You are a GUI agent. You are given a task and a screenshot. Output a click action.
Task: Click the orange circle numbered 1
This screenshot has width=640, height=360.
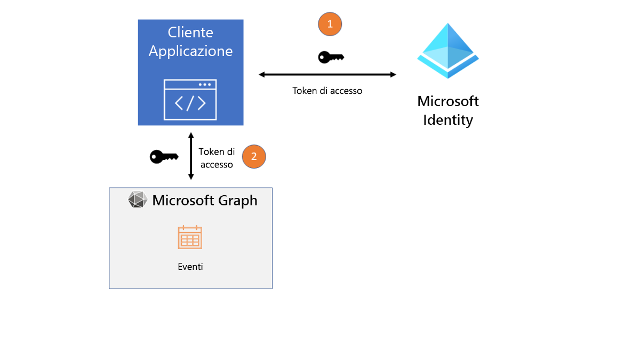[x=330, y=24]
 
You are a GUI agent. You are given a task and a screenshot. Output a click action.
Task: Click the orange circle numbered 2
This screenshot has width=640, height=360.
[x=254, y=157]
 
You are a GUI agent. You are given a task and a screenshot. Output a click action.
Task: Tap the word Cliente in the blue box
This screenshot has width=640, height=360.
[x=190, y=33]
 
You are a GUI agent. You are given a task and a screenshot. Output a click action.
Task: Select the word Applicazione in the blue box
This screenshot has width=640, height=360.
[x=190, y=51]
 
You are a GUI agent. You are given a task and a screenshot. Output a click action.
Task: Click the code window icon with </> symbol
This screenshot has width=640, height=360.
[x=190, y=99]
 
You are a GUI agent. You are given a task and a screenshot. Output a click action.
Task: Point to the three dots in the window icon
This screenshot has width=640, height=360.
[x=204, y=85]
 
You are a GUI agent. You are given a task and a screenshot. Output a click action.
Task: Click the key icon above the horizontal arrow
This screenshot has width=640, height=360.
[x=331, y=57]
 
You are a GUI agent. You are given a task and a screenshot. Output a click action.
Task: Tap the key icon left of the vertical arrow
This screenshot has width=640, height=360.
[x=164, y=157]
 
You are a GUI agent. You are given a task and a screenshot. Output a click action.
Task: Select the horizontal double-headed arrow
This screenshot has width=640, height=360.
[x=327, y=75]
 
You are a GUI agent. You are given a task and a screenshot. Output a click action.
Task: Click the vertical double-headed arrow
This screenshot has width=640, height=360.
[x=191, y=156]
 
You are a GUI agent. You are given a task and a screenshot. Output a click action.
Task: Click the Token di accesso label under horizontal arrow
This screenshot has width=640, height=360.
[x=327, y=91]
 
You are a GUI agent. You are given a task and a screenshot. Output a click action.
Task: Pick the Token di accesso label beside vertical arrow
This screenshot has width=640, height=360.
[x=217, y=158]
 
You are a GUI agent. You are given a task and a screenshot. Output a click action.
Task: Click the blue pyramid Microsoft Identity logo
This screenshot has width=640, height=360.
[x=448, y=51]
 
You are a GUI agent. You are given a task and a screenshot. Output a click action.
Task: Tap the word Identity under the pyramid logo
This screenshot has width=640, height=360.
[x=448, y=120]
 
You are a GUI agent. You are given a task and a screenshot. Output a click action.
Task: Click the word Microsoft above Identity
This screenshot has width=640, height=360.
[x=448, y=101]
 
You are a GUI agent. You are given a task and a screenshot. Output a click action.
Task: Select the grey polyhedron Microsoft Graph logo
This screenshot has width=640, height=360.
[x=138, y=200]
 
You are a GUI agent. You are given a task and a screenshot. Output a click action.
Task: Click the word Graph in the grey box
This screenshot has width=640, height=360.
[x=235, y=201]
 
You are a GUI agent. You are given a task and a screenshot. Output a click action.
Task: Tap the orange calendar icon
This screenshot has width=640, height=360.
[x=190, y=237]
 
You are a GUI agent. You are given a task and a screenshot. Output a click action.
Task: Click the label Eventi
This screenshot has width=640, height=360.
[x=190, y=267]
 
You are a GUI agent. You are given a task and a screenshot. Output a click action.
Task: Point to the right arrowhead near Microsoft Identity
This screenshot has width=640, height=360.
[x=393, y=75]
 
